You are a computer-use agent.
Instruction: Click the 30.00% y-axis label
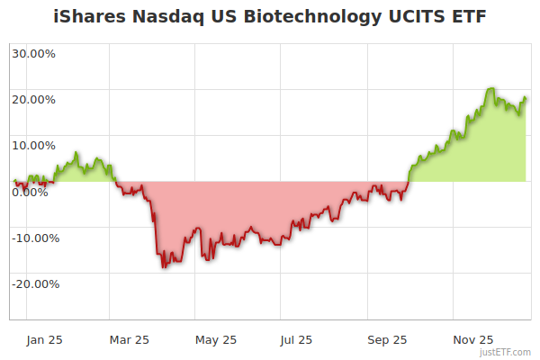[33, 53]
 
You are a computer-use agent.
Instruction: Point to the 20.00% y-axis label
[33, 99]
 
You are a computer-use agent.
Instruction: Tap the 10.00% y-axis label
[33, 145]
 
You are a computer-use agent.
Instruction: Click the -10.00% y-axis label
[35, 238]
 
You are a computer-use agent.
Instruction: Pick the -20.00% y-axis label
[35, 283]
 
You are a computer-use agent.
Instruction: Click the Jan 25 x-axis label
[44, 339]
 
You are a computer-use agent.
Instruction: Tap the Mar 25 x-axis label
[129, 339]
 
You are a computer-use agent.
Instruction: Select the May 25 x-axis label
[215, 339]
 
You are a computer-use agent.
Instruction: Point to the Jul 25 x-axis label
[297, 339]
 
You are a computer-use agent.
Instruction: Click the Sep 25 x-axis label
[387, 339]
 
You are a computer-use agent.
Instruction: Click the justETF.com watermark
[506, 353]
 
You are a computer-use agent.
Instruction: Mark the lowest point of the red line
[164, 267]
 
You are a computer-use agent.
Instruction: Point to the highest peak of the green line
[490, 88]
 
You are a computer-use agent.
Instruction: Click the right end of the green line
[526, 98]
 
